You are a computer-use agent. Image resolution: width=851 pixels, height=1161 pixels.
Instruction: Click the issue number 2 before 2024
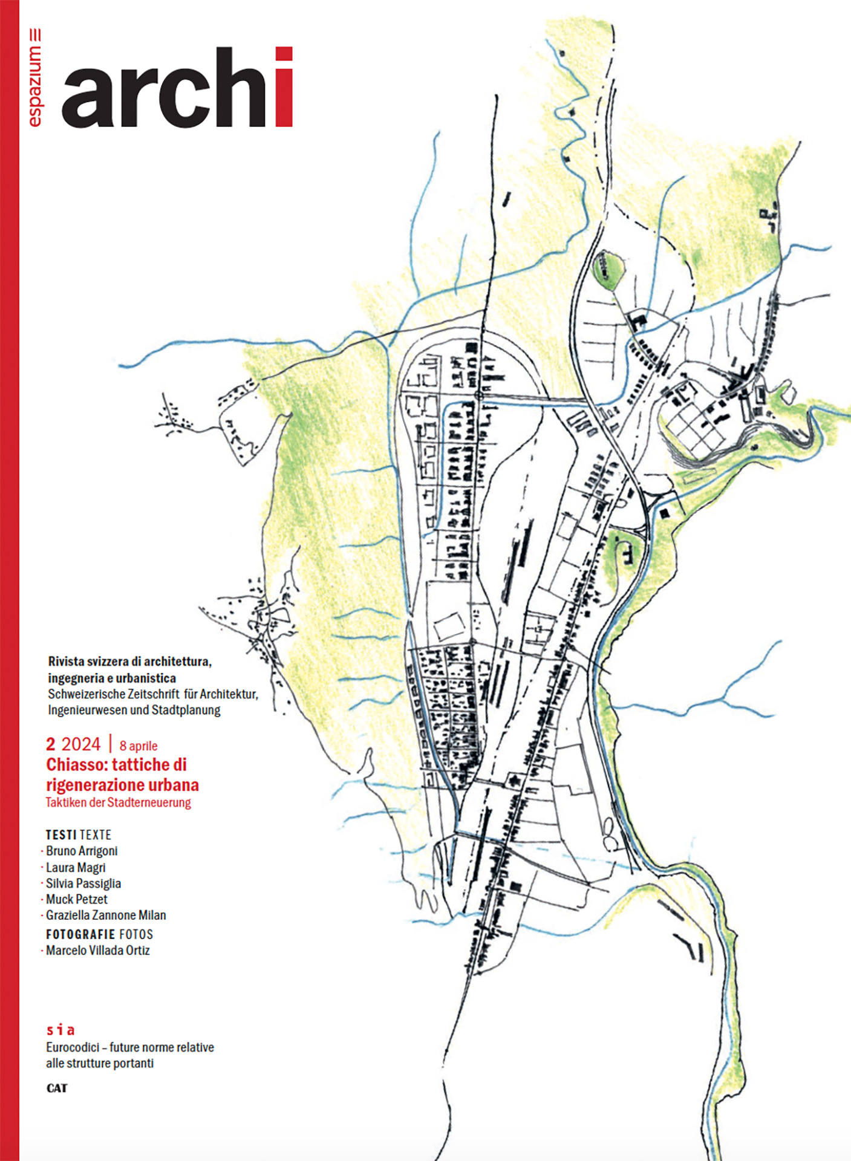point(51,744)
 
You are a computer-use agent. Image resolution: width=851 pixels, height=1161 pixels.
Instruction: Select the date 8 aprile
point(139,746)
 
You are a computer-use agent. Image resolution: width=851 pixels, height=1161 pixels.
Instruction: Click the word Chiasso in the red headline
point(77,765)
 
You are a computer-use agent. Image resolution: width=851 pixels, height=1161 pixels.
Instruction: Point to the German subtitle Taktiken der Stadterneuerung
point(119,802)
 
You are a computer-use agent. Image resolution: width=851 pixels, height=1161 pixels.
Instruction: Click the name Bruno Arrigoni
point(82,851)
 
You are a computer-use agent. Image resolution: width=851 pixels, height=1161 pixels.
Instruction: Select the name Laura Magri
point(76,867)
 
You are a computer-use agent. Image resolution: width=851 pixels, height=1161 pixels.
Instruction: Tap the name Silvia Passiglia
point(83,883)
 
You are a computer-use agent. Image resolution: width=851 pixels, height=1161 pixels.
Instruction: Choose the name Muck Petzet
point(77,899)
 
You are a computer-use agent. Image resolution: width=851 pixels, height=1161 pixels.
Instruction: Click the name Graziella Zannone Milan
point(106,915)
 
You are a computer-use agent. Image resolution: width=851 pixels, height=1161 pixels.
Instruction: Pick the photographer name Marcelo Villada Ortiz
point(98,951)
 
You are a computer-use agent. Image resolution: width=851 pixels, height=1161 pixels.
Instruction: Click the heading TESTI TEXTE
point(79,835)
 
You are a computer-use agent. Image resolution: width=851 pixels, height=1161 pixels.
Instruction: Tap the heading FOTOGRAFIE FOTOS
point(99,934)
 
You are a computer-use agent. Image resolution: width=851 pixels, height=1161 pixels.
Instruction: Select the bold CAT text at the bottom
point(57,1088)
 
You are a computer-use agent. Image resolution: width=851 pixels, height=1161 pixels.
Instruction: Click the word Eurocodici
point(72,1047)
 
